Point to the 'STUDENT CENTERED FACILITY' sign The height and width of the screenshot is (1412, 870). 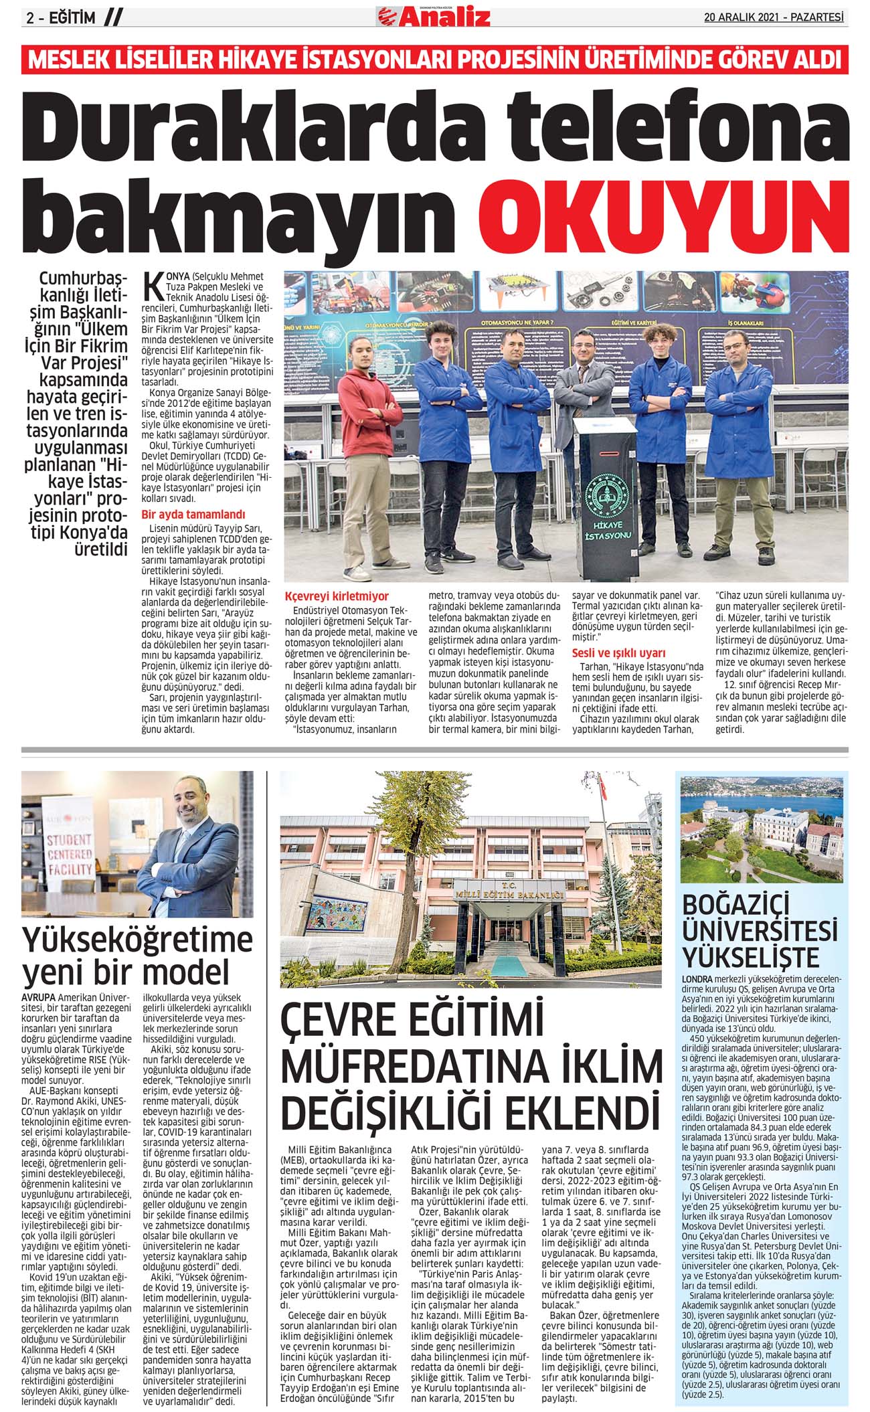tap(69, 854)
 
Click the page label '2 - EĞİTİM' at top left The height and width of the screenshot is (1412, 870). tap(61, 18)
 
